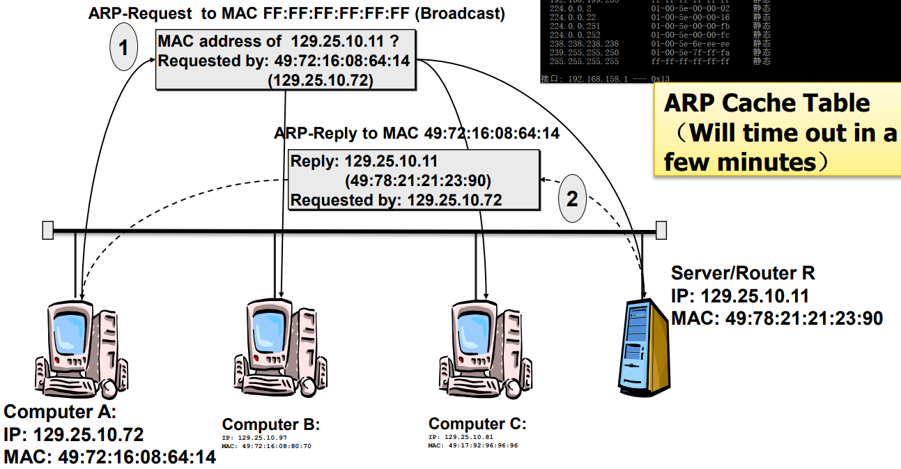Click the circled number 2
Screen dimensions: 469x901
click(x=571, y=199)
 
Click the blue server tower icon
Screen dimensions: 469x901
click(x=644, y=346)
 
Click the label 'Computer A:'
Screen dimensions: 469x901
click(x=60, y=412)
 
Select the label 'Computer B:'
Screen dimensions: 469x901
click(x=270, y=424)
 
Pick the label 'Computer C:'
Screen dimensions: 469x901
click(x=477, y=424)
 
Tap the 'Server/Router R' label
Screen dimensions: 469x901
click(x=743, y=272)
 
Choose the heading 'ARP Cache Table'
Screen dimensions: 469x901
click(x=767, y=103)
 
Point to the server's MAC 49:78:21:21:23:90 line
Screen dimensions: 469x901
click(x=777, y=318)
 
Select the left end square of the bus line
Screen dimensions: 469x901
click(x=47, y=230)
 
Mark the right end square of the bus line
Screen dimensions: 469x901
click(x=661, y=230)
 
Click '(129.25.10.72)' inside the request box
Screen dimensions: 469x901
click(x=321, y=80)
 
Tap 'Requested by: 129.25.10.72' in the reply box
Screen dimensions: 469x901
click(x=396, y=200)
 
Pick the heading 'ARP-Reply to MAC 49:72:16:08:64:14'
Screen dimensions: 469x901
click(x=416, y=132)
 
